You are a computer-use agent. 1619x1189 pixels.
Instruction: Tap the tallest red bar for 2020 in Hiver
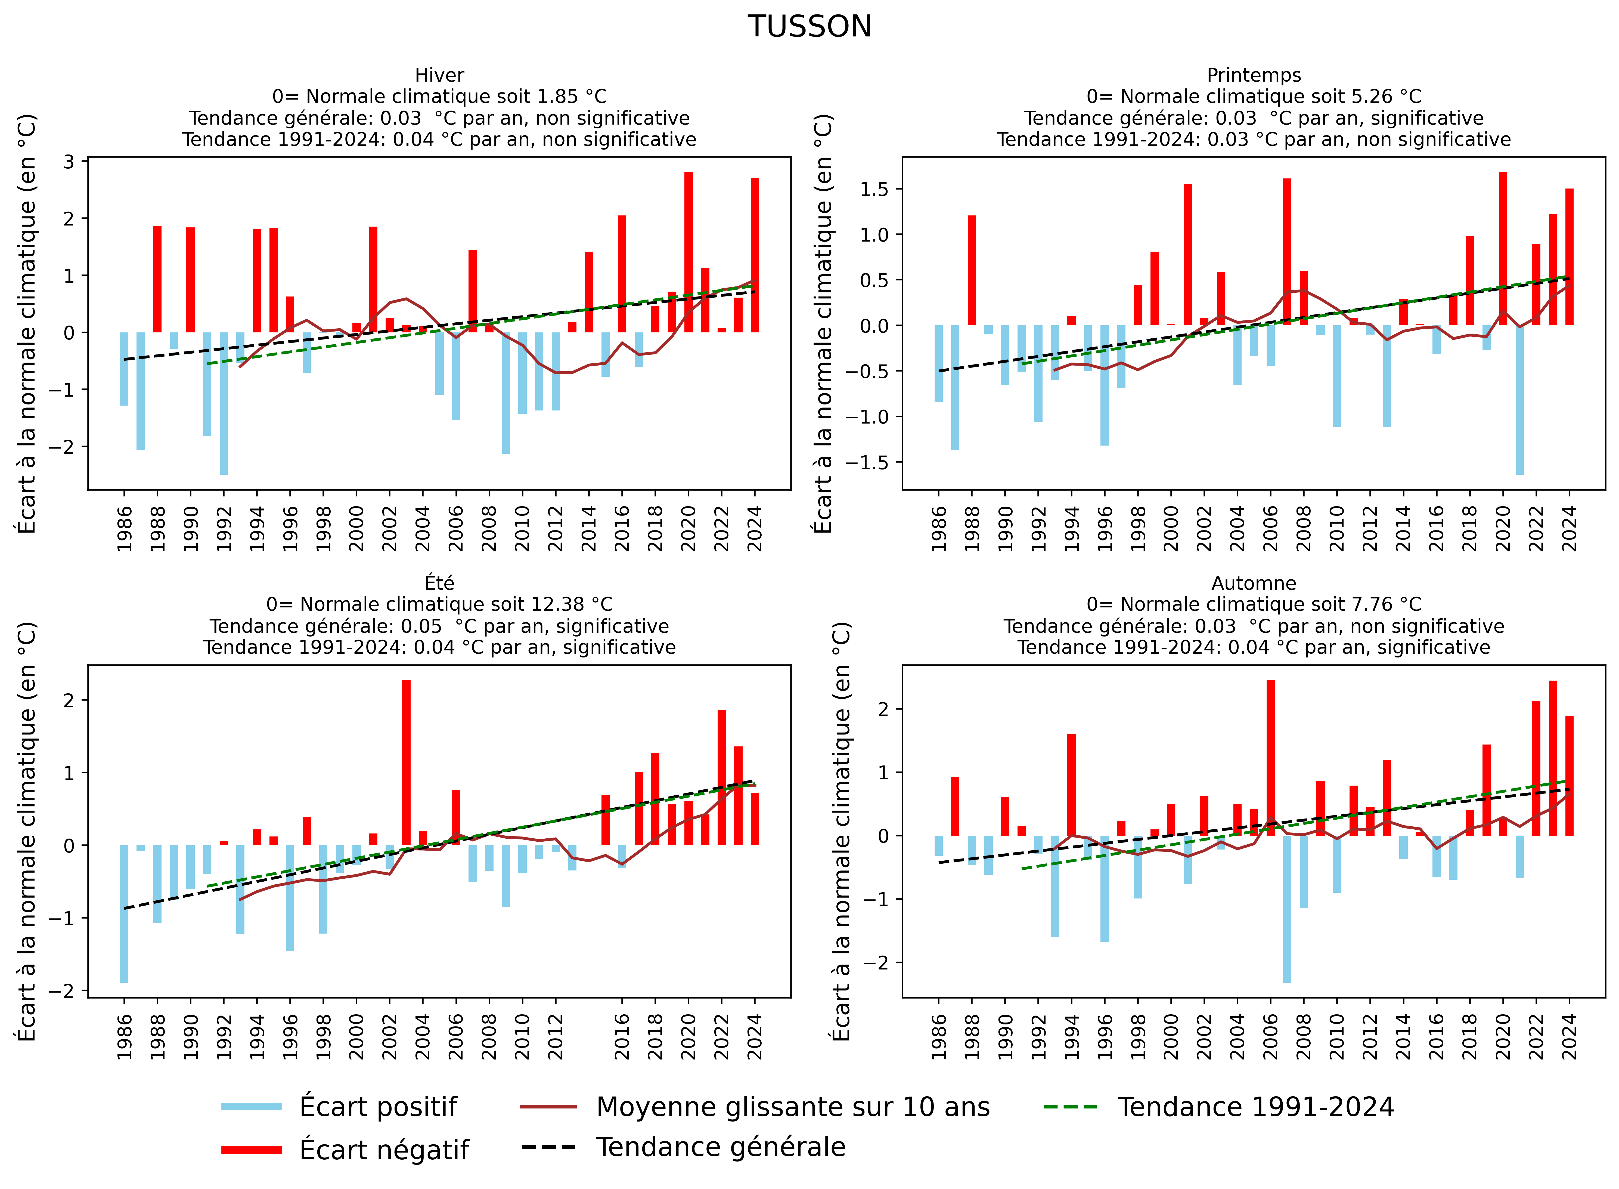[688, 252]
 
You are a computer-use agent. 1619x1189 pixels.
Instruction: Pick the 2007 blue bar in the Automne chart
[1286, 908]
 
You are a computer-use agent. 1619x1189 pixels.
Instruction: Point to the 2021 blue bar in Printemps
[1519, 399]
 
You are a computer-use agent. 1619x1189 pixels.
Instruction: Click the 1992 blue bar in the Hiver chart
[224, 403]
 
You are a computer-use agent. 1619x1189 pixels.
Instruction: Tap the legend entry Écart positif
[378, 1107]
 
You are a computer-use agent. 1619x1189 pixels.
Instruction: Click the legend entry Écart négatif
[383, 1149]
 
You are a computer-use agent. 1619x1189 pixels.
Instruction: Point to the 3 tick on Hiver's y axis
[69, 161]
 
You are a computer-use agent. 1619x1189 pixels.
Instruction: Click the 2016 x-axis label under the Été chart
[622, 1036]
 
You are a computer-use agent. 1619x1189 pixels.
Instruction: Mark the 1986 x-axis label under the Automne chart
[938, 1036]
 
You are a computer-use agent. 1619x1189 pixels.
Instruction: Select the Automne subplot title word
[1254, 583]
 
